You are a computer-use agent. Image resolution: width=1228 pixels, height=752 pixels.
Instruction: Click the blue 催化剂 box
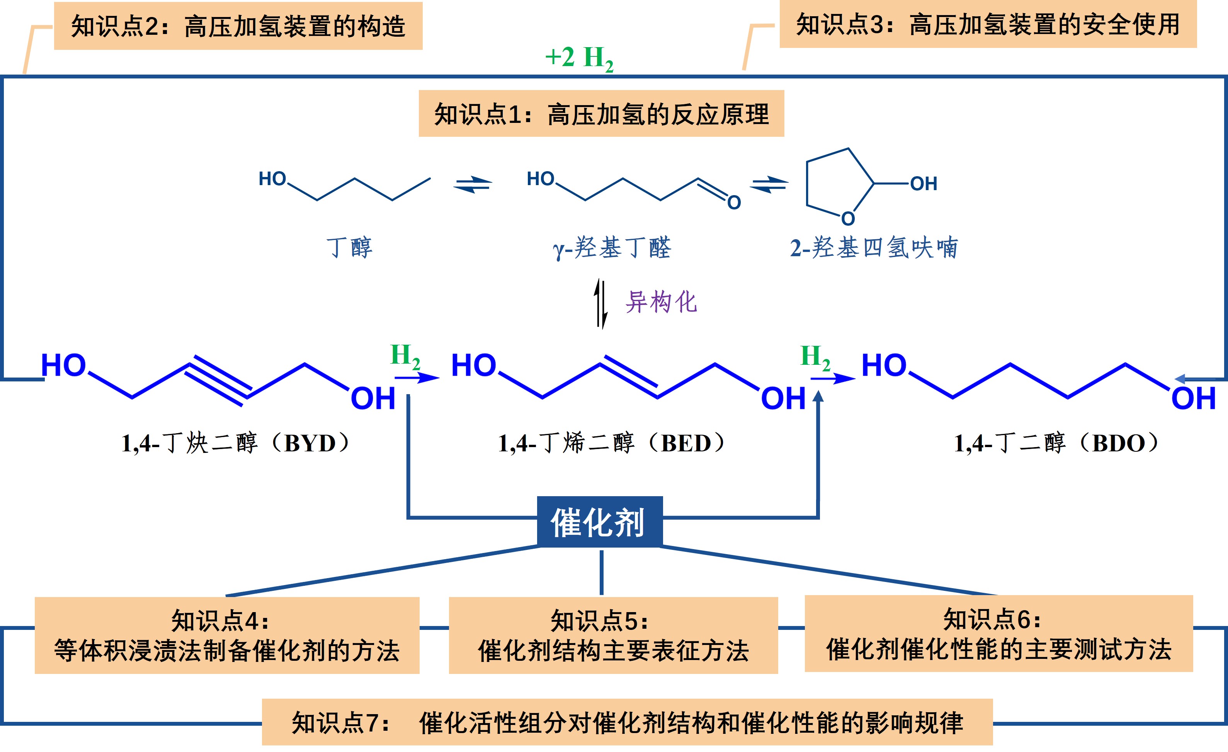[x=600, y=522]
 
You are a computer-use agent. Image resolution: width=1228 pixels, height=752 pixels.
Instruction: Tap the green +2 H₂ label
[x=579, y=59]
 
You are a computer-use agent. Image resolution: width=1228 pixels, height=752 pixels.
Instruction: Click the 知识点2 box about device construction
[x=238, y=26]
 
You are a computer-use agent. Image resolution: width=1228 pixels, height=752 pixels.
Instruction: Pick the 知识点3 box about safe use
[x=988, y=24]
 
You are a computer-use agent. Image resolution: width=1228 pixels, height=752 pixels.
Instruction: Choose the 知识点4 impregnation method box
[x=227, y=635]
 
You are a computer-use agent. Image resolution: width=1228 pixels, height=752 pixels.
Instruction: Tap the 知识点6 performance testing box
[x=999, y=633]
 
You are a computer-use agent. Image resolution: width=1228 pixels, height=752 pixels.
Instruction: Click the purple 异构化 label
[x=661, y=302]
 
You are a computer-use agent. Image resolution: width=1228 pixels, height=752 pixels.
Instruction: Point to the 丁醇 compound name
[x=349, y=248]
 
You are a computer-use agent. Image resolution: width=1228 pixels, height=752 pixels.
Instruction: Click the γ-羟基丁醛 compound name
[x=612, y=248]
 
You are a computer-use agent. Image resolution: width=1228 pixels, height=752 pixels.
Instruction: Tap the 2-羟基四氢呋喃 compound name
[x=874, y=248]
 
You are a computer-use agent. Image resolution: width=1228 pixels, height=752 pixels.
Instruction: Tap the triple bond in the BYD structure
[x=218, y=381]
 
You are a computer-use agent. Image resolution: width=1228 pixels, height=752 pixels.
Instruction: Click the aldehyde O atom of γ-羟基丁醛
[x=734, y=202]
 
